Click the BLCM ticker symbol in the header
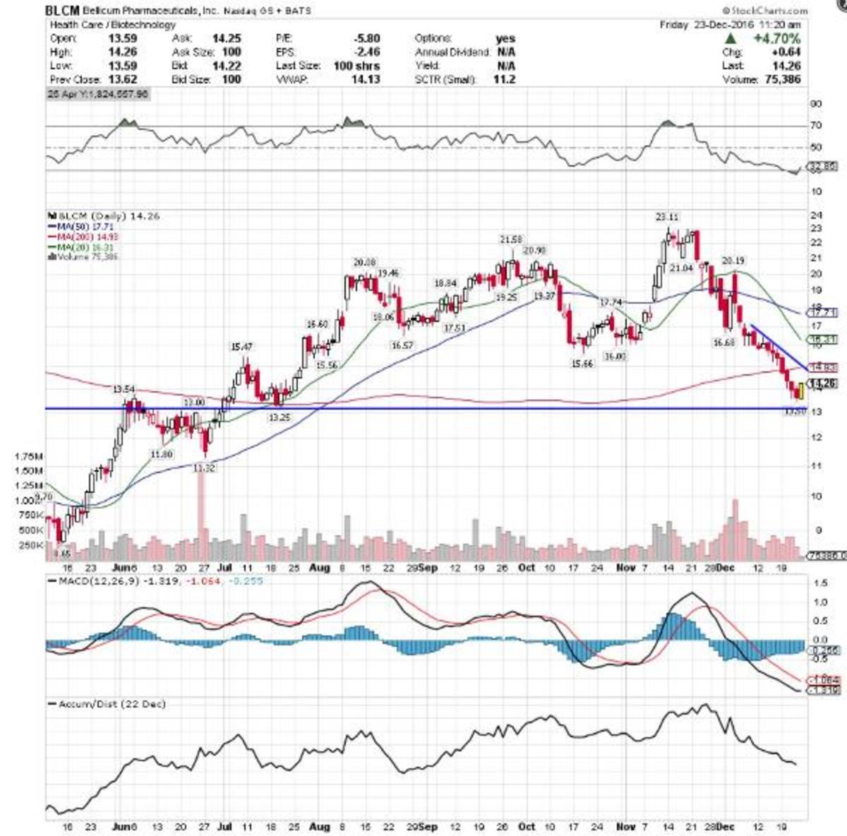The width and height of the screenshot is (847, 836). point(62,11)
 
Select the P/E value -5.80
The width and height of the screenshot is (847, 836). point(368,39)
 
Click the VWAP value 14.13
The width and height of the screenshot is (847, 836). point(366,80)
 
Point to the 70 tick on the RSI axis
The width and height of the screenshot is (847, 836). point(816,126)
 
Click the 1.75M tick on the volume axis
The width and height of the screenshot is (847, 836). point(28,457)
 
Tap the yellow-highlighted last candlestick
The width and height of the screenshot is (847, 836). point(800,390)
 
